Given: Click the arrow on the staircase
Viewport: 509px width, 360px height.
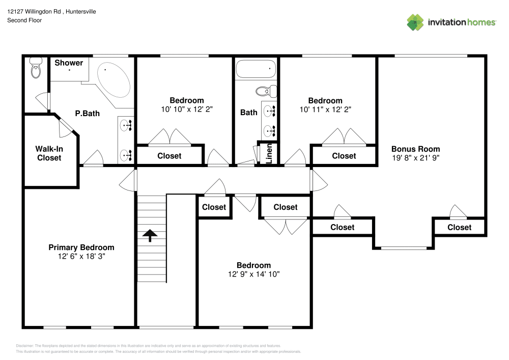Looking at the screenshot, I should (x=149, y=235).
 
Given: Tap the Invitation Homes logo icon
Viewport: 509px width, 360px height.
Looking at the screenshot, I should (x=415, y=22).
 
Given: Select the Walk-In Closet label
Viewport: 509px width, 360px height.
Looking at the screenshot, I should (x=48, y=153).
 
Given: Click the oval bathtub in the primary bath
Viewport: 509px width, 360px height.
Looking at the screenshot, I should (x=113, y=80).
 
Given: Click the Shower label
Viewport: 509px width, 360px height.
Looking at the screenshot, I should (x=69, y=63).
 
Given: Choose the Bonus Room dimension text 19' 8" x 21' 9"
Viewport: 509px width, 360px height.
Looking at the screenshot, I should (x=415, y=158).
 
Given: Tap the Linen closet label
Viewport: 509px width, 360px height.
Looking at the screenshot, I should (x=269, y=153).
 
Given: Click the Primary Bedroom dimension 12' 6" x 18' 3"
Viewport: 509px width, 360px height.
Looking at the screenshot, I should (x=81, y=257).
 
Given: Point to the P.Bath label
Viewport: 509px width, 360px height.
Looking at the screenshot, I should (x=87, y=114).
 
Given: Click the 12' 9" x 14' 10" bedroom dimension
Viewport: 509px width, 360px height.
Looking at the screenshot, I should (x=253, y=274).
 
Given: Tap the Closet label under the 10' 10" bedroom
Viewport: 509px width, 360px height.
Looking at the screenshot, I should (x=169, y=156).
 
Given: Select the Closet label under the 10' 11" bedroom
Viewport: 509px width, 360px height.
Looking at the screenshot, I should (x=344, y=156).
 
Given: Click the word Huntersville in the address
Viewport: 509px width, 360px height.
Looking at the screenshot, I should (x=77, y=11).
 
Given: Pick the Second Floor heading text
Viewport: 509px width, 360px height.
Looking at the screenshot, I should (x=24, y=20).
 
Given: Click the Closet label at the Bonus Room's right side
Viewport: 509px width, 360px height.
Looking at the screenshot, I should (x=459, y=227).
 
